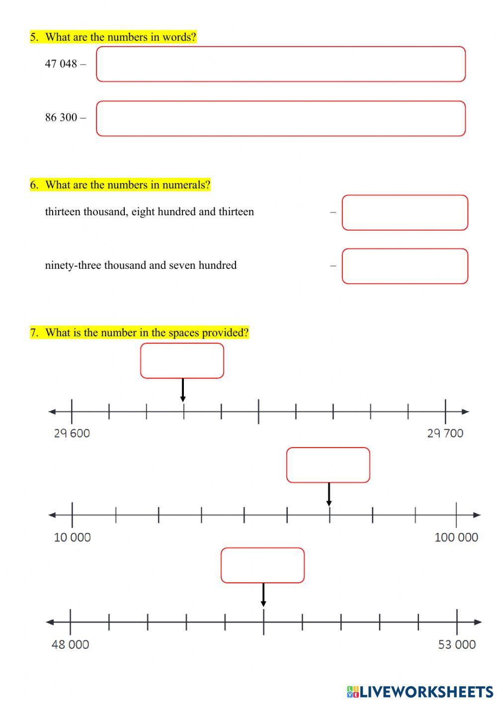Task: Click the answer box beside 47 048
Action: (281, 64)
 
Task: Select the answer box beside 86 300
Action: (281, 119)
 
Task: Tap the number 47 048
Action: (61, 64)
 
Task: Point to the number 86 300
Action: (61, 117)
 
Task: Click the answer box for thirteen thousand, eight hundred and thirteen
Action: (405, 213)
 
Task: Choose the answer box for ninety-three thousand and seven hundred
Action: (405, 266)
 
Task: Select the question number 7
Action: (34, 332)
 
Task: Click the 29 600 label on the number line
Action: (72, 433)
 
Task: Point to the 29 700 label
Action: (445, 433)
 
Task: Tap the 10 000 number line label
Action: (73, 537)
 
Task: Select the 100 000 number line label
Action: (456, 537)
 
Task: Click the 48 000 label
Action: (71, 644)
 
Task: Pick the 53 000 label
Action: (457, 644)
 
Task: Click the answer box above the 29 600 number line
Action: (182, 361)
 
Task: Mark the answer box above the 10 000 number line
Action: (328, 465)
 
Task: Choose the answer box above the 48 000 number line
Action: (262, 565)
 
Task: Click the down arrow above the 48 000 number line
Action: (263, 595)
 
